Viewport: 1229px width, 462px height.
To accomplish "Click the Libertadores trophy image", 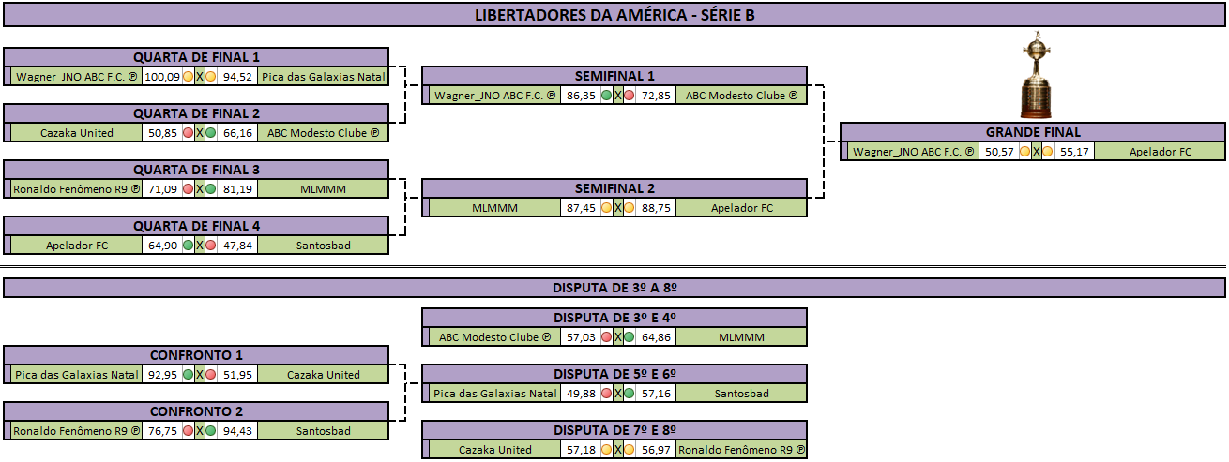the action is tap(1036, 75).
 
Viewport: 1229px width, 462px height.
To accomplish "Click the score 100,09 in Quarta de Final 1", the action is tap(162, 77).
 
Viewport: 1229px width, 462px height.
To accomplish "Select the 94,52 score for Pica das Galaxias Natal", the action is tap(237, 77).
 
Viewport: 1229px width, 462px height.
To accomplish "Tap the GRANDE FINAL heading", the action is tap(1033, 132).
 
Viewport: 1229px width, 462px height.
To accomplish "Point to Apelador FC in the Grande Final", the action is tap(1160, 152).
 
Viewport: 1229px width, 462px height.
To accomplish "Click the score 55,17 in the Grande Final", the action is tap(1074, 152).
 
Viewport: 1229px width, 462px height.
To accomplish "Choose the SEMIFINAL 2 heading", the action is tap(614, 188).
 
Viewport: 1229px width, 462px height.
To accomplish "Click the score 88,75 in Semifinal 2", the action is tap(656, 208).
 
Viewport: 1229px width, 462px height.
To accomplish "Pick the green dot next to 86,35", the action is tap(606, 96).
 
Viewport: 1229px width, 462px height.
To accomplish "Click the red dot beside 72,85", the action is tap(630, 96).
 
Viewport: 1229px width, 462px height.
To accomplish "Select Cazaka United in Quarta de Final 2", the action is tap(76, 133).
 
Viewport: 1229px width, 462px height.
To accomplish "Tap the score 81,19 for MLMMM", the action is tap(237, 189).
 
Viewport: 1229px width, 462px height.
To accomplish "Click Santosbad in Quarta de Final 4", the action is tap(323, 246).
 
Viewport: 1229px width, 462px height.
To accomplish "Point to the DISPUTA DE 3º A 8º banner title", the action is tap(614, 289).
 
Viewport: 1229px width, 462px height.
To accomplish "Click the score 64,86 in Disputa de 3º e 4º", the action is tap(656, 337).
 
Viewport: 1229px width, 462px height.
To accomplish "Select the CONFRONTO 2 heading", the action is tap(196, 411).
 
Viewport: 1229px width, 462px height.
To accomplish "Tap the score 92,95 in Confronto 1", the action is tap(162, 375).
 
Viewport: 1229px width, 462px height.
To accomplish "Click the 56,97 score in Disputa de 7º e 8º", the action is tap(656, 450).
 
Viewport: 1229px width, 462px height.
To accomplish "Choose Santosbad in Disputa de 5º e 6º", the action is tap(741, 394).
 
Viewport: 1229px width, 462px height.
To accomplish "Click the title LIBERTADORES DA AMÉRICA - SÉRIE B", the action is tap(614, 15).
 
